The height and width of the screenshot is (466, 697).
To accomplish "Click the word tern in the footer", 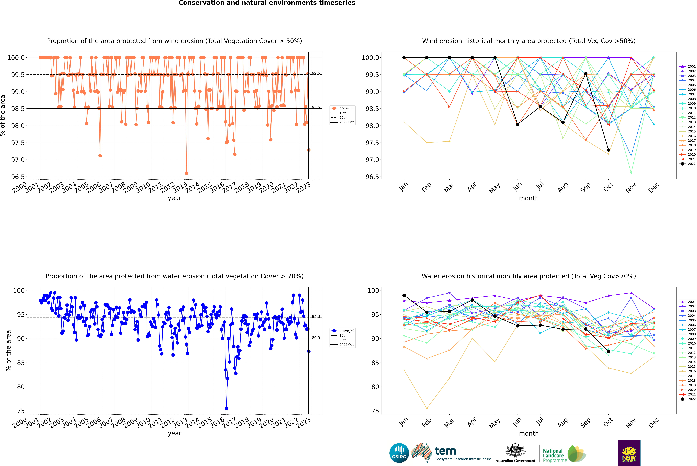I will (x=445, y=451).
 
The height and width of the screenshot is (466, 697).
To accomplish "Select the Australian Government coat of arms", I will (x=515, y=450).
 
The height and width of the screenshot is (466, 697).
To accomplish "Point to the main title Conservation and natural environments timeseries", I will (x=267, y=3).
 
